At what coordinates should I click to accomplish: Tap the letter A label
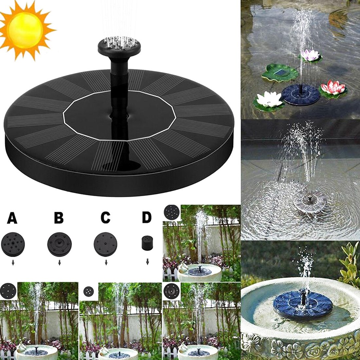12,218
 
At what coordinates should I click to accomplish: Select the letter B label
59,218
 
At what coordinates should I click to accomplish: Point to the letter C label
105,218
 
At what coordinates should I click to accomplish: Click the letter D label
147,217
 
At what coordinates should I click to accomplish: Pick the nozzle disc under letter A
13,244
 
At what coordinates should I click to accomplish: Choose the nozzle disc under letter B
59,244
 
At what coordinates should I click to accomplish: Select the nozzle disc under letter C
106,244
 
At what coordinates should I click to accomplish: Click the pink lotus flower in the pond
333,88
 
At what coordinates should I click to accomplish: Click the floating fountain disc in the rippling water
309,201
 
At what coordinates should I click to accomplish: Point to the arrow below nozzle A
13,262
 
